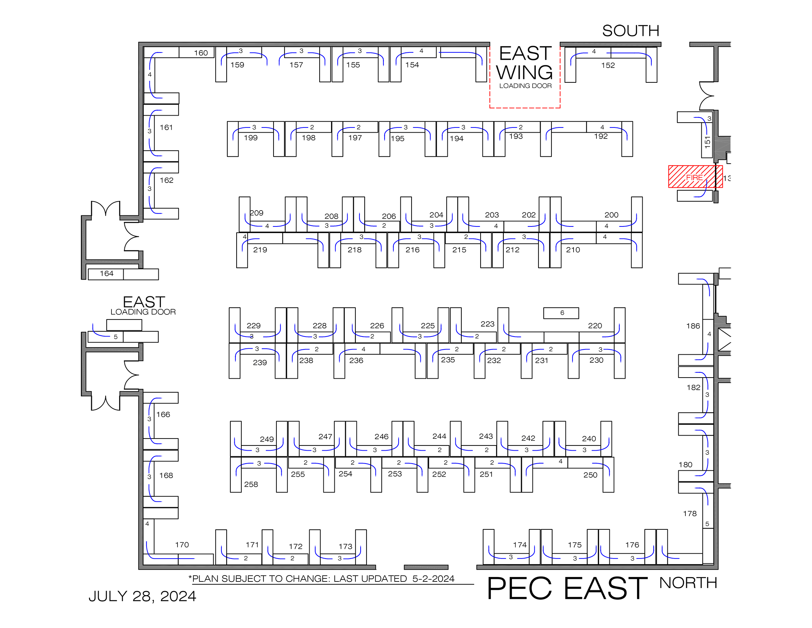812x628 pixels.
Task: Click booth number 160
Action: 201,53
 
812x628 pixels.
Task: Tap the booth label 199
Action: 251,138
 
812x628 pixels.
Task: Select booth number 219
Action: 260,250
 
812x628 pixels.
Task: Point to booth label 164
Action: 106,273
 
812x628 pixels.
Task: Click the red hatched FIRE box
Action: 695,177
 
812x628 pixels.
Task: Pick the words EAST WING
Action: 524,62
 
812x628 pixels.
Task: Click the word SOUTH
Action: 630,31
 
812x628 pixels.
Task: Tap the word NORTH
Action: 688,583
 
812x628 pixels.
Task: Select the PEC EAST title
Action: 567,588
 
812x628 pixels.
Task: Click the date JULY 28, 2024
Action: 142,596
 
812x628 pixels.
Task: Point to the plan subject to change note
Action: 321,579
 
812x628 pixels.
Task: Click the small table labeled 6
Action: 561,313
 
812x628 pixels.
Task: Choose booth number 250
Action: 591,475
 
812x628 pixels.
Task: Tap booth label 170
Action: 182,545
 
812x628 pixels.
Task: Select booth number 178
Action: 690,513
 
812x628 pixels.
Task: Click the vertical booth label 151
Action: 707,142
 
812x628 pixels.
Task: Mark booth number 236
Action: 356,361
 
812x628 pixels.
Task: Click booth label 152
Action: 608,65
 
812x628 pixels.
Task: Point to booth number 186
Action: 693,326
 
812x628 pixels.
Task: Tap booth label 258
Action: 251,484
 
